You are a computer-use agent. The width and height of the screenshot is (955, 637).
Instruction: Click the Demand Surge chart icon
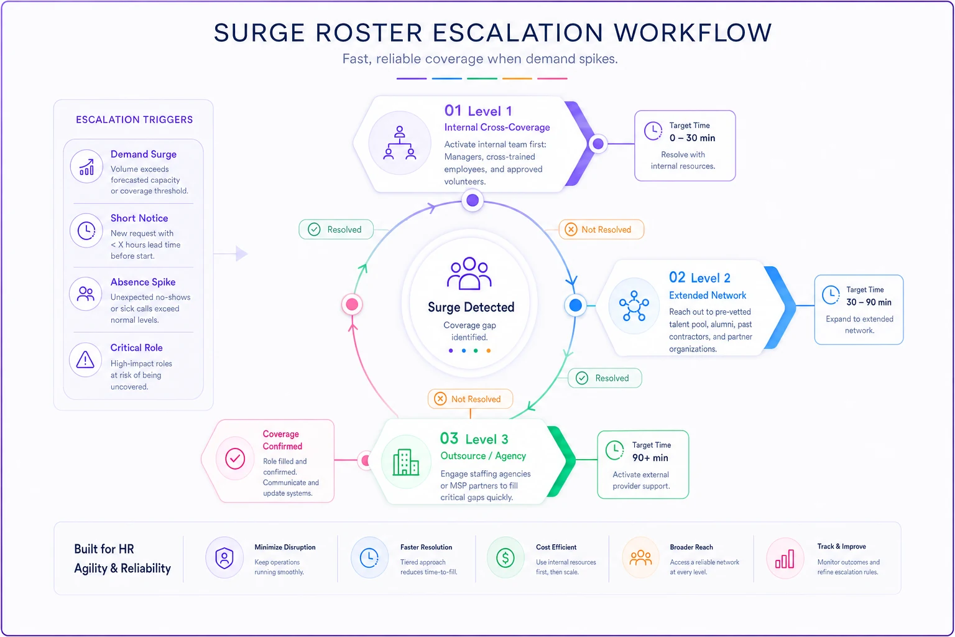click(86, 166)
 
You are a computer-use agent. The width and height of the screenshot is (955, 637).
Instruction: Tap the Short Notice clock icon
click(86, 231)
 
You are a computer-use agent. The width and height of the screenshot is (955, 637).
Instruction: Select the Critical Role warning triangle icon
click(85, 360)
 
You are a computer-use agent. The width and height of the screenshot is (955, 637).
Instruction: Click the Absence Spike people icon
click(86, 294)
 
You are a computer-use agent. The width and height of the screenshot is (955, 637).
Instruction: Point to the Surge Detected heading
click(471, 307)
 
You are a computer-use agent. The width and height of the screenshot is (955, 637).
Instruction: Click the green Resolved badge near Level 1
click(336, 230)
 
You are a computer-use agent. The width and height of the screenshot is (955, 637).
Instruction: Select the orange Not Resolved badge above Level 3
click(470, 399)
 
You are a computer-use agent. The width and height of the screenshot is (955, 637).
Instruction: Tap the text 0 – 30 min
click(692, 138)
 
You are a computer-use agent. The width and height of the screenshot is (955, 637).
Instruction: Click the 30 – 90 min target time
click(869, 302)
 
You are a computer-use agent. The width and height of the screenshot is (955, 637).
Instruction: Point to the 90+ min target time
click(650, 458)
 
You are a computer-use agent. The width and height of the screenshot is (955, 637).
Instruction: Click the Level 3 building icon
click(405, 462)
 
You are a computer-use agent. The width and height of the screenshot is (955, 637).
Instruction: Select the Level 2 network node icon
click(634, 305)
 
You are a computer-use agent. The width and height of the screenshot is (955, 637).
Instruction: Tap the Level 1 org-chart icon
click(400, 143)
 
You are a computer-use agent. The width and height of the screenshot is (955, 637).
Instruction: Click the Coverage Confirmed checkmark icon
click(235, 458)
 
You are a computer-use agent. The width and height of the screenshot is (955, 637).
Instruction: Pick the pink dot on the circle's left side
click(352, 305)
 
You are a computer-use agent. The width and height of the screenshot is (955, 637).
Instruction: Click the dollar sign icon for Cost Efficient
click(505, 557)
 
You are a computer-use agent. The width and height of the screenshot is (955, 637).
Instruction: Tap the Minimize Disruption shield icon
click(224, 557)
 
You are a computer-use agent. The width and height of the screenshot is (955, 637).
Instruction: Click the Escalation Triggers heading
click(134, 119)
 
